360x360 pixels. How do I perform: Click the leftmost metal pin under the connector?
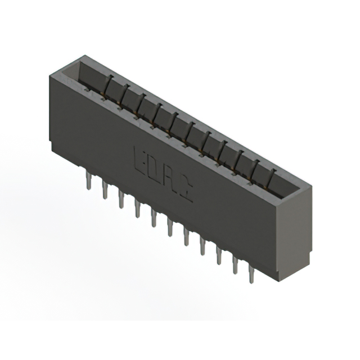pos(89,181)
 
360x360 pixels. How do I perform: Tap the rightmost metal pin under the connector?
pos(251,275)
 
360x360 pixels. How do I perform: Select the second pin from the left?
pos(105,190)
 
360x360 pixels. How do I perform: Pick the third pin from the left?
pos(121,200)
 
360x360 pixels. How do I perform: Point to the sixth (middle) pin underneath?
pos(169,228)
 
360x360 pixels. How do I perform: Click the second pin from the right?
pos(235,266)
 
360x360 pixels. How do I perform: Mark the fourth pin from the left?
pos(137,209)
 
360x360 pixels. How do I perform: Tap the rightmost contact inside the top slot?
pos(272,178)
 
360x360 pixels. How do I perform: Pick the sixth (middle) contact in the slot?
pos(191,130)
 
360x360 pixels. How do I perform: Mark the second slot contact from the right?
pos(256,169)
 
